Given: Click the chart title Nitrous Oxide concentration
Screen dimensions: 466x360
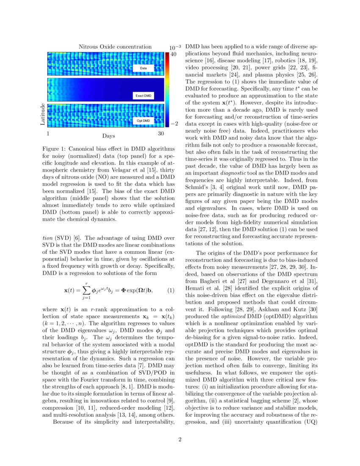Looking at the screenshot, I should [115, 47].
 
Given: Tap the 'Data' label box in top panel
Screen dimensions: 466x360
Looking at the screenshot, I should [144, 68].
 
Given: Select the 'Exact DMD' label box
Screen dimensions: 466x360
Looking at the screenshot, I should [143, 96].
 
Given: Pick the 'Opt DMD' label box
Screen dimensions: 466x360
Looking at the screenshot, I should [143, 121].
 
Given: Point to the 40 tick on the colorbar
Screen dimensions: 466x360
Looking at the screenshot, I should [174, 55].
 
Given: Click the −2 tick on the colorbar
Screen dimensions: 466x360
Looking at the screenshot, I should [174, 123].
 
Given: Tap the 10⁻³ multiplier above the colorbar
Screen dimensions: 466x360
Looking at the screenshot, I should [175, 47].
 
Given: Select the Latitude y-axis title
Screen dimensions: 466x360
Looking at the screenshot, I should [42, 114].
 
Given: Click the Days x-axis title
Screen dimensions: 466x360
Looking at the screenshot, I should [108, 136].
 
